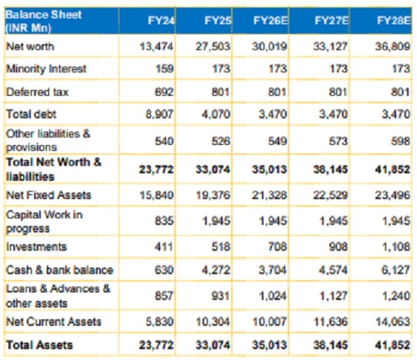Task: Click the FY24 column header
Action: point(161,21)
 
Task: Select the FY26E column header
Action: point(270,21)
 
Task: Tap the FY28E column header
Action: point(394,21)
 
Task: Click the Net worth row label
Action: point(30,47)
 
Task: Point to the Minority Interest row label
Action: point(46,68)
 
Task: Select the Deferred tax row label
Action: point(37,92)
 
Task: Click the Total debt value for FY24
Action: point(159,114)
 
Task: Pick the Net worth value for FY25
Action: point(213,47)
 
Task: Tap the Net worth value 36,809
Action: point(392,47)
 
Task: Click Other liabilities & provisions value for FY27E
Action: point(339,141)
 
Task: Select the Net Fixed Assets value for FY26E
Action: point(269,195)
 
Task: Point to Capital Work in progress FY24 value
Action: point(164,221)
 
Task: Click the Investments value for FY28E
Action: point(396,247)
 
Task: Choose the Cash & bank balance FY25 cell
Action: point(216,270)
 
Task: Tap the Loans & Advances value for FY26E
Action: point(273,296)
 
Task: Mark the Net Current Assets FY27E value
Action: point(330,322)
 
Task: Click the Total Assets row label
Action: point(39,345)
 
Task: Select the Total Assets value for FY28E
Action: point(392,345)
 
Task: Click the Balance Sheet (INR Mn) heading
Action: point(43,21)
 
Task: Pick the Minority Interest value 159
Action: point(164,68)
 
